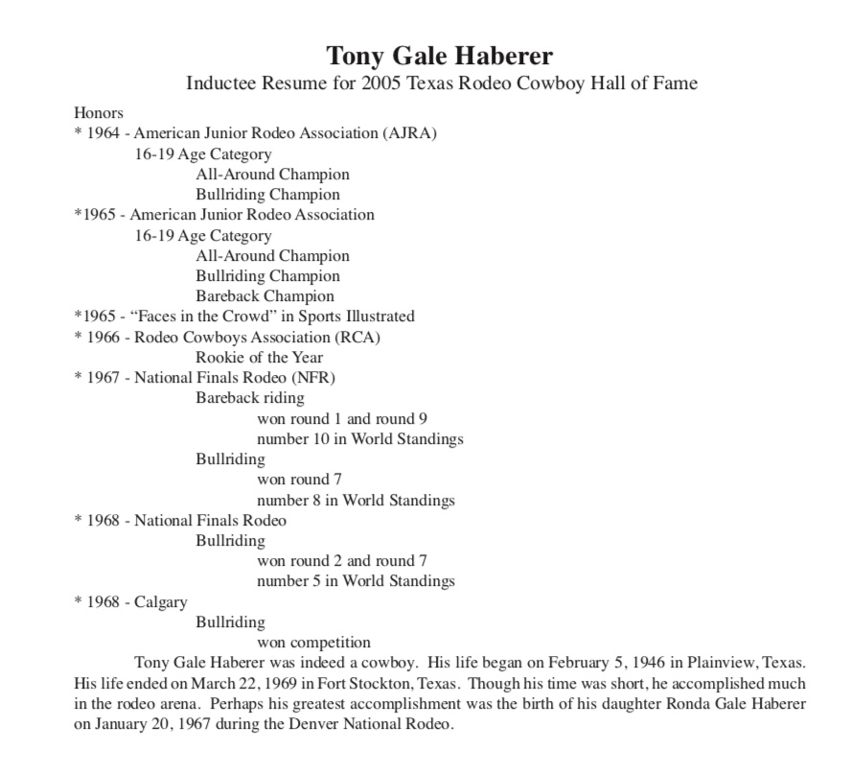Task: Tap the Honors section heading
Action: [99, 113]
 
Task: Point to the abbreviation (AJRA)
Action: [409, 133]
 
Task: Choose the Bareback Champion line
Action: [264, 296]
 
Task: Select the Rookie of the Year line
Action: [259, 358]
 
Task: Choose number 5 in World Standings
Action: [356, 581]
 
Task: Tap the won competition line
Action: [313, 643]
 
